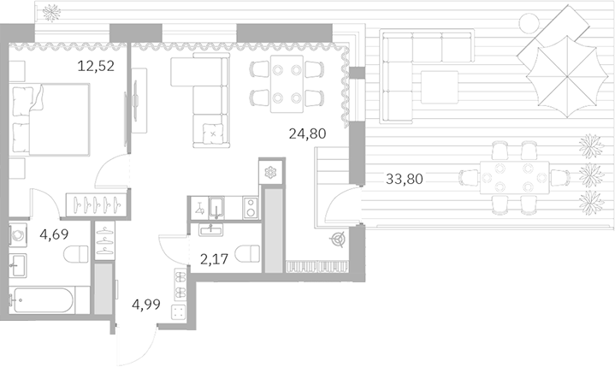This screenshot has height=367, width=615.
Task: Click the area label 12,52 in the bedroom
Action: pos(96,66)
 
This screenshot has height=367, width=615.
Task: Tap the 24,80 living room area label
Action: pos(308,133)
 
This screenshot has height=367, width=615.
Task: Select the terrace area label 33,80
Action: pos(405,179)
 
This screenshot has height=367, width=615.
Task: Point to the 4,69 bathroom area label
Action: pos(54,234)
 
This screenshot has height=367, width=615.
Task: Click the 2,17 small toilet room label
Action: pos(214,258)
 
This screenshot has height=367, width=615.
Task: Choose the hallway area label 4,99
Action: pos(146,305)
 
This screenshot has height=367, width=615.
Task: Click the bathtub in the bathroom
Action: pos(43,300)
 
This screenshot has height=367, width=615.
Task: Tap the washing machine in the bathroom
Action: pos(18,235)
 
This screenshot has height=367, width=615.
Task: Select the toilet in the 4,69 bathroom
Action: pos(75,254)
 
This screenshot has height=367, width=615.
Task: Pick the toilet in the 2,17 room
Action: pos(249,253)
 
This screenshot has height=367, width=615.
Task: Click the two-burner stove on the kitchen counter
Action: pos(251,207)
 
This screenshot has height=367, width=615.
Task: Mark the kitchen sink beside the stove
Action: pos(216,207)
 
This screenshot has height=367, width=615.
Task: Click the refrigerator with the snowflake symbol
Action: pos(270,172)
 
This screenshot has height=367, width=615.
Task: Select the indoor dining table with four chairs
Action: pos(287,84)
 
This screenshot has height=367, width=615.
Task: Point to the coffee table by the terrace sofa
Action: pos(440,87)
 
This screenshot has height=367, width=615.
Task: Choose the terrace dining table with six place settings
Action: pos(515,178)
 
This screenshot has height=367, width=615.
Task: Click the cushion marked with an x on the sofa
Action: pos(213,133)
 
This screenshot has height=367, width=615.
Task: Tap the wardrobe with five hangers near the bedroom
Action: pos(97,204)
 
